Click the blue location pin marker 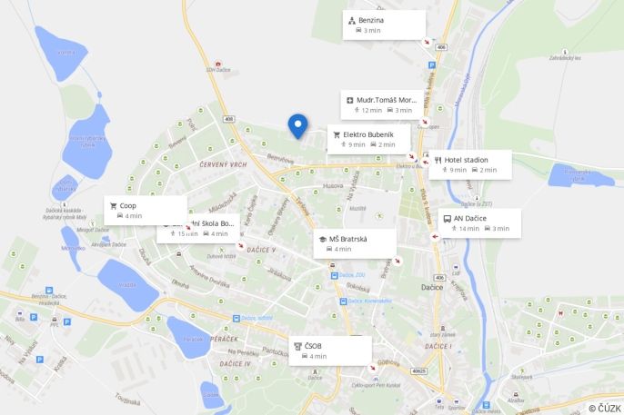click(297, 125)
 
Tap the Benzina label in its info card click(371, 19)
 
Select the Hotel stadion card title click(466, 160)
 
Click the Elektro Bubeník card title click(368, 133)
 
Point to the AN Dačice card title click(471, 218)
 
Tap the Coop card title click(127, 205)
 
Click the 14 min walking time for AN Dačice click(468, 229)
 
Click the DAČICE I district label click(438, 346)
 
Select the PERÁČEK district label click(223, 339)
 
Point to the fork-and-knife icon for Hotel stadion click(438, 160)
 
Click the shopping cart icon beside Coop click(114, 205)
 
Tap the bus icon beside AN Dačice click(445, 218)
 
